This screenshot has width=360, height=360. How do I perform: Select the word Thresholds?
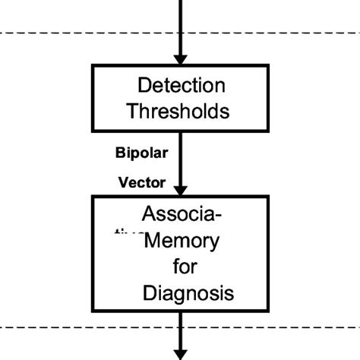(x=178, y=112)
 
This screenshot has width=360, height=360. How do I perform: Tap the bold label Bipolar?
(x=141, y=152)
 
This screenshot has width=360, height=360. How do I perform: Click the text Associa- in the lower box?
(x=182, y=214)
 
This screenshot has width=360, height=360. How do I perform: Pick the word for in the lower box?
(x=184, y=267)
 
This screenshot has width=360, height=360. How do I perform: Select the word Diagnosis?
(x=188, y=292)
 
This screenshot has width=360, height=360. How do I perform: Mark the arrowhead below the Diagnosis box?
(x=181, y=352)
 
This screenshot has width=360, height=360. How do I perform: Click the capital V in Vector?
(x=122, y=182)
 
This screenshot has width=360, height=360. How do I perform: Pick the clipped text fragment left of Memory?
(x=127, y=236)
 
